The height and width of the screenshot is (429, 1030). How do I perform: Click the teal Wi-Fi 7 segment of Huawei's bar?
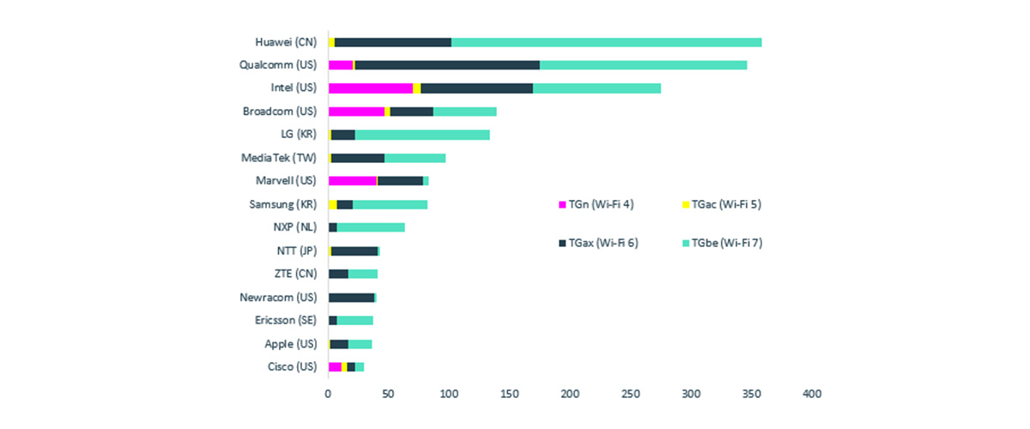click(x=606, y=42)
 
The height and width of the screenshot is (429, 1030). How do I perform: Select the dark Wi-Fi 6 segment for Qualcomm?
click(x=446, y=65)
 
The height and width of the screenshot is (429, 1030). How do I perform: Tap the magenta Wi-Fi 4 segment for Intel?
click(x=370, y=88)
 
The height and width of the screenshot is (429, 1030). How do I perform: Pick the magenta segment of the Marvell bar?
click(x=353, y=181)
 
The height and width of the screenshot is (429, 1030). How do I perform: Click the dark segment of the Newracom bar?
click(x=351, y=298)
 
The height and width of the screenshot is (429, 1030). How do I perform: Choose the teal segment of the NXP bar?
click(x=371, y=227)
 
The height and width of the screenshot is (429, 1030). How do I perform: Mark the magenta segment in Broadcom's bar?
click(x=356, y=112)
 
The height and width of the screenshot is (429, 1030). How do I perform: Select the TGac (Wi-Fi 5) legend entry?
click(x=722, y=203)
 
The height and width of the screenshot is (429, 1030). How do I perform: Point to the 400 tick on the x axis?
click(x=811, y=394)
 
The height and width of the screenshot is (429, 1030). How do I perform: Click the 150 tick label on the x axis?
click(x=509, y=394)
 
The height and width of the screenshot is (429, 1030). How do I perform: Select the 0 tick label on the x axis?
click(x=328, y=394)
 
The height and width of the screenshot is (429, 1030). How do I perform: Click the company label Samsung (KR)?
click(x=282, y=204)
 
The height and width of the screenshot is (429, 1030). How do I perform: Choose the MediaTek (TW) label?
click(x=279, y=158)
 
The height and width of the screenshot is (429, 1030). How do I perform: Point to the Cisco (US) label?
click(x=292, y=367)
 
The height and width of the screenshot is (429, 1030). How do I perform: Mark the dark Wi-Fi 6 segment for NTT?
click(x=354, y=251)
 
